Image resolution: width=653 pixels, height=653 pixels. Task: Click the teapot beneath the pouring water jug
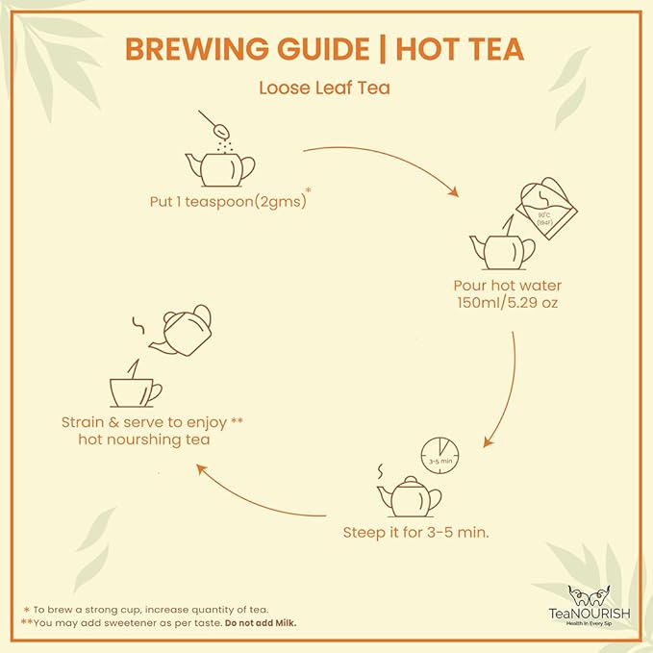(x=501, y=250)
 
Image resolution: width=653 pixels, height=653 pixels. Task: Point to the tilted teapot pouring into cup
(x=183, y=331)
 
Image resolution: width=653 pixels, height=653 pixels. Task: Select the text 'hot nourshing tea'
(x=145, y=440)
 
